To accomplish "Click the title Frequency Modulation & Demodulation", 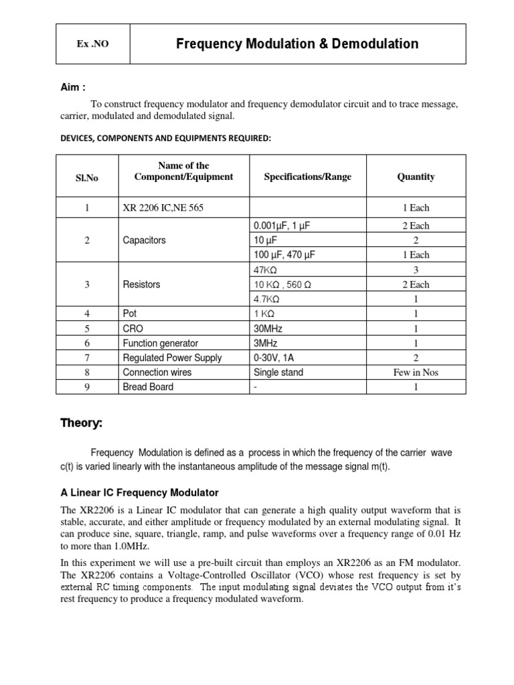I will tap(297, 44).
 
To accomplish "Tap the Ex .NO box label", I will tap(92, 45).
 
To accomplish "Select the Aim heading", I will tap(74, 88).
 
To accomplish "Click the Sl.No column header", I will tap(87, 177).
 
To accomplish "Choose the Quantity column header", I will tap(416, 177).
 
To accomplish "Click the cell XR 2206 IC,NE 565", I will tap(163, 208).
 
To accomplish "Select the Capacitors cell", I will tap(144, 240).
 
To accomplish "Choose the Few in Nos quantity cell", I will tap(416, 373).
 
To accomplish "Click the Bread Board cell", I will tap(148, 387).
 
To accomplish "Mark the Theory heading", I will tap(82, 423).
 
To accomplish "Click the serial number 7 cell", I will tap(87, 358).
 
